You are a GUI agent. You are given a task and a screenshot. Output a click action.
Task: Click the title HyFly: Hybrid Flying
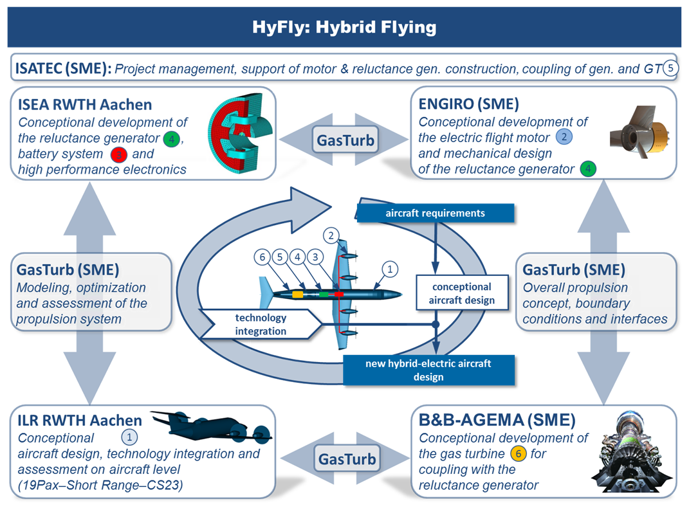[x=344, y=28]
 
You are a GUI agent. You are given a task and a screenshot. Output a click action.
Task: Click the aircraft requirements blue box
[x=435, y=213]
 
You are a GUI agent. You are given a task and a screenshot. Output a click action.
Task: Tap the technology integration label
[x=261, y=324]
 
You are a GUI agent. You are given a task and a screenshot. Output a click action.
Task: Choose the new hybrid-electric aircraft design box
[x=428, y=370]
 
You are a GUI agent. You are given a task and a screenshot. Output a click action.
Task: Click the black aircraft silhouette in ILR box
[x=212, y=428]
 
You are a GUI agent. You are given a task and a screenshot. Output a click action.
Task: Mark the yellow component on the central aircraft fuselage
[x=298, y=294]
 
